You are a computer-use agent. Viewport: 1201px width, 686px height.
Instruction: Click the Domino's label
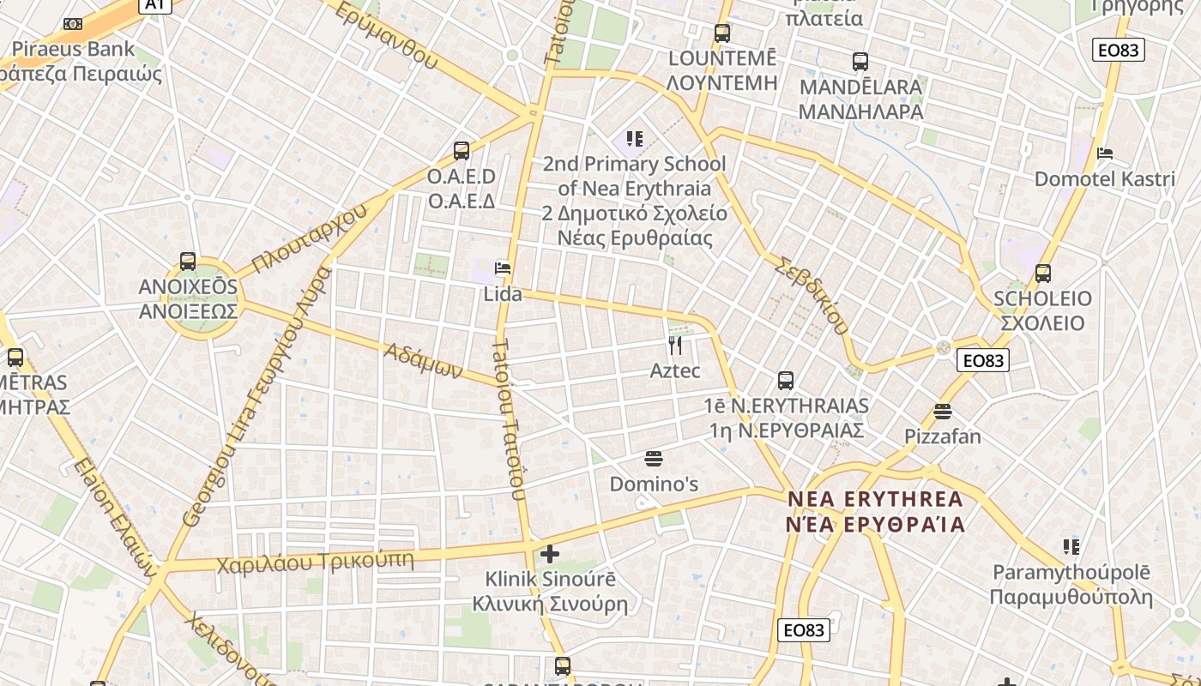(654, 484)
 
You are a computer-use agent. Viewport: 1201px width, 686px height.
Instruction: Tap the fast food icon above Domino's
(654, 459)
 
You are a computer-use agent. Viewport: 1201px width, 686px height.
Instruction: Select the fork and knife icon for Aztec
(675, 346)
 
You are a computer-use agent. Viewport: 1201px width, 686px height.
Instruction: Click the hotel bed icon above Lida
(503, 268)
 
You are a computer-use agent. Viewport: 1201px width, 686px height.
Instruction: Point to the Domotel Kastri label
(1104, 179)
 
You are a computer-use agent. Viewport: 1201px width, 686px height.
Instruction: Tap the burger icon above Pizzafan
(943, 412)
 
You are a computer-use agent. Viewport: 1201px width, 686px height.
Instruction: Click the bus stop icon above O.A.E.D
(462, 151)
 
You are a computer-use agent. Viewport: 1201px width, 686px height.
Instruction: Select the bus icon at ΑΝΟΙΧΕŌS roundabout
(188, 262)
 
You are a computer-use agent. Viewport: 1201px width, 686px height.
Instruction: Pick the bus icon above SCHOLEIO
(1043, 274)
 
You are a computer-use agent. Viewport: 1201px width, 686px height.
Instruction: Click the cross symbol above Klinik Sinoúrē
(550, 554)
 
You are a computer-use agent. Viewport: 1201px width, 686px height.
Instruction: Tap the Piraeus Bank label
(74, 50)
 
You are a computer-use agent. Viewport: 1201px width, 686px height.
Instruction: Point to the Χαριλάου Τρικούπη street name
(315, 563)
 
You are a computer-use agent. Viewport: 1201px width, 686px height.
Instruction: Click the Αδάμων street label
(423, 361)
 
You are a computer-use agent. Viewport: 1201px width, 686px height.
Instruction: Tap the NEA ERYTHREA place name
(875, 499)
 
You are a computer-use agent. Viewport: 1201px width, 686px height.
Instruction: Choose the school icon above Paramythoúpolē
(1071, 546)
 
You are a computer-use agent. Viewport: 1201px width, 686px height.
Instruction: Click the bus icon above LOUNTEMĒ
(722, 33)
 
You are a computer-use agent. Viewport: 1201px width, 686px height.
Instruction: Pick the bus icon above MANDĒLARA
(860, 62)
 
